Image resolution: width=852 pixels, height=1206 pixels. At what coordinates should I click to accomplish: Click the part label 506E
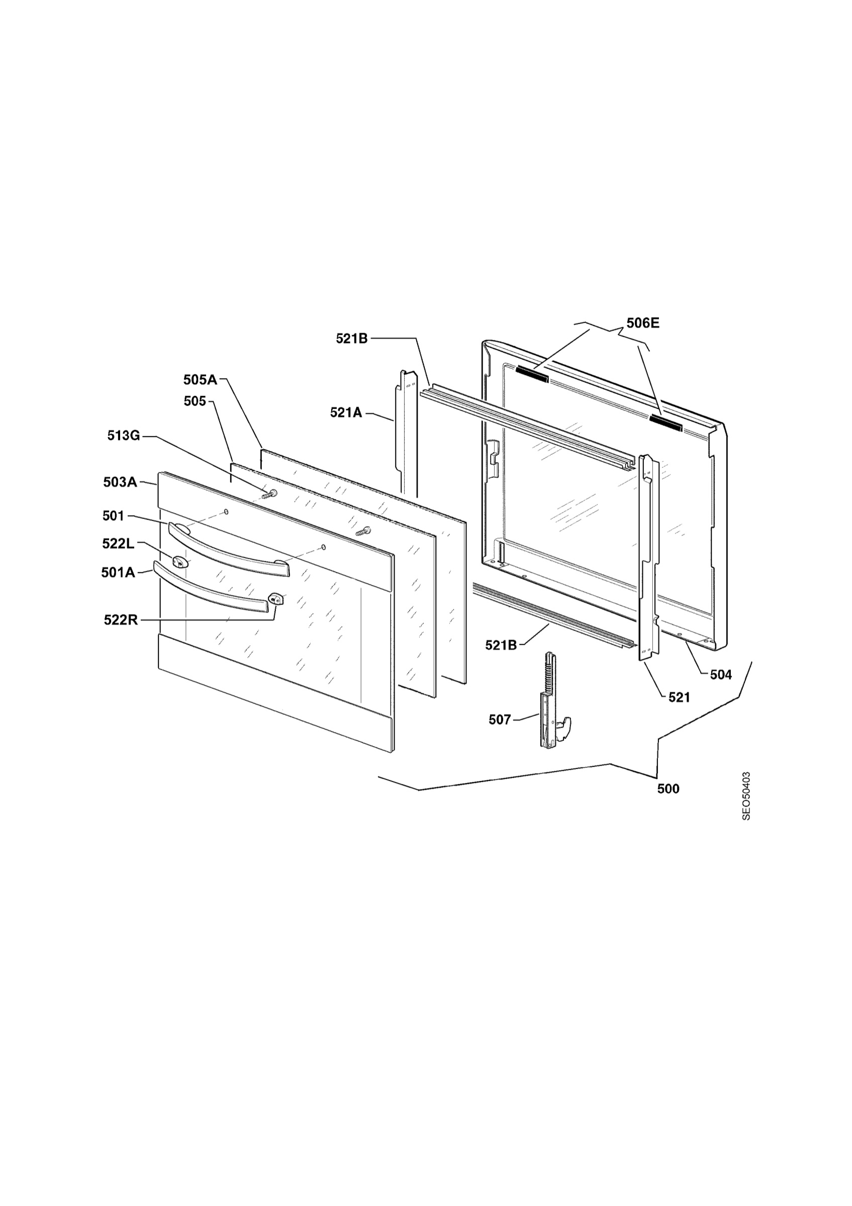tap(642, 323)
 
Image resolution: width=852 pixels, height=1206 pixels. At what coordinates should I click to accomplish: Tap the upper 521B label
tap(352, 339)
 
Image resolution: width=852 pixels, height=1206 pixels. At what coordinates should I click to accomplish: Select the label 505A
tap(200, 379)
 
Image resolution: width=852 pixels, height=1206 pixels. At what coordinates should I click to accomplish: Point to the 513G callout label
tap(124, 436)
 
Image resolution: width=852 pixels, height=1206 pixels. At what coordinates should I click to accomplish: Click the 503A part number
tap(120, 482)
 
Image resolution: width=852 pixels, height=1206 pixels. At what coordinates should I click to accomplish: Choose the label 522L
tap(119, 544)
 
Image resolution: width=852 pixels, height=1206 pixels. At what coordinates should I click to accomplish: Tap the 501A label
tap(118, 572)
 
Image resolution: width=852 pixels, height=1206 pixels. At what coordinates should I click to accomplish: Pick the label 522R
tap(121, 620)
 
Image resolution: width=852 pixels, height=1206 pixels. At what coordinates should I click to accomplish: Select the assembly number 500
tap(668, 788)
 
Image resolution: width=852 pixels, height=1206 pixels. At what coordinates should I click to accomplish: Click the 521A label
tap(346, 413)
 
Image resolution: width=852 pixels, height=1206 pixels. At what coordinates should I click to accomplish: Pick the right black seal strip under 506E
tap(666, 423)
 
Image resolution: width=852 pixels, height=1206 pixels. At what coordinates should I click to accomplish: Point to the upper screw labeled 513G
tap(269, 494)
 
